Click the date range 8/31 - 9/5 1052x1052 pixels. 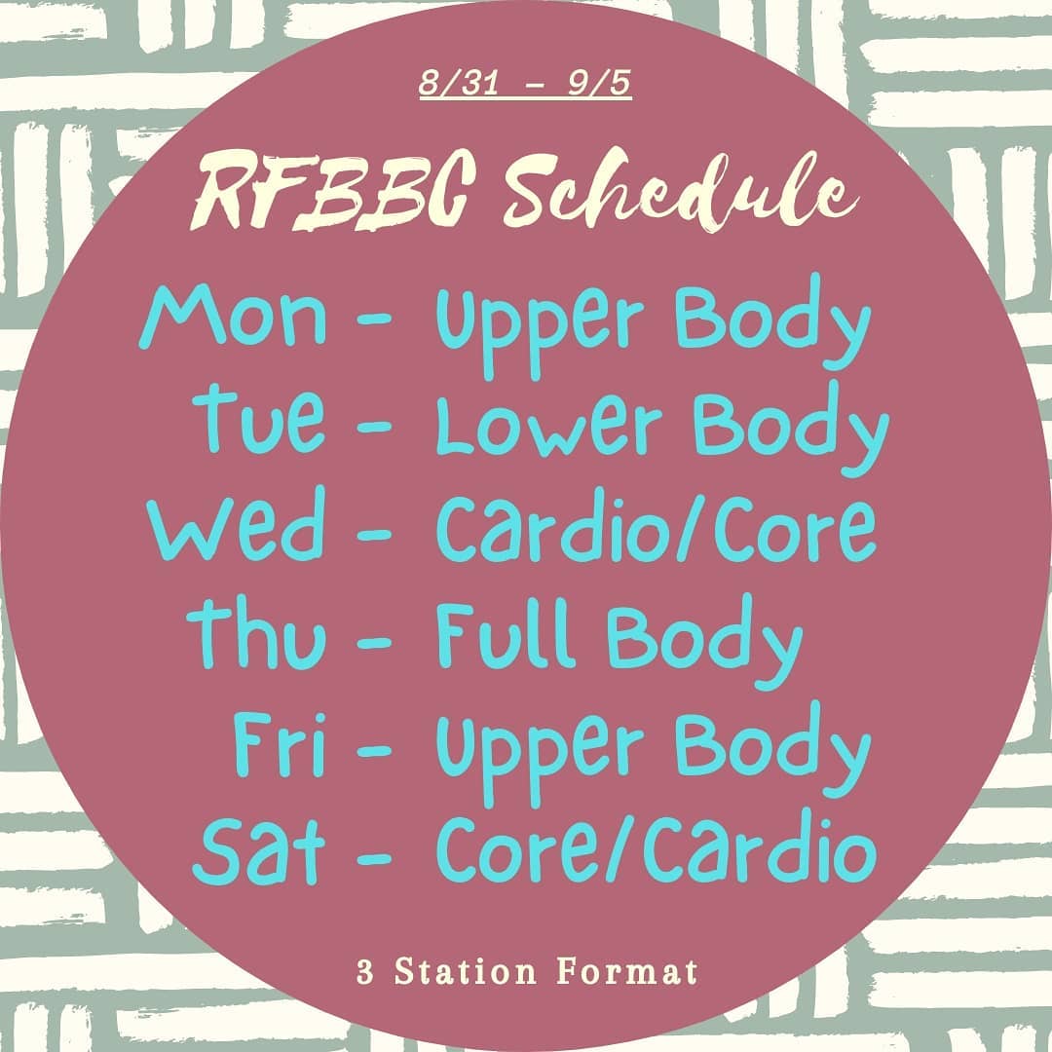point(525,83)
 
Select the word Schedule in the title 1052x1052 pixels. point(680,191)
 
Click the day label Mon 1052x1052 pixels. point(233,316)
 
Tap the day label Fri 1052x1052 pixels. point(280,741)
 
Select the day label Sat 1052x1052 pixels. point(259,850)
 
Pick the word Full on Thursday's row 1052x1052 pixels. point(506,633)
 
